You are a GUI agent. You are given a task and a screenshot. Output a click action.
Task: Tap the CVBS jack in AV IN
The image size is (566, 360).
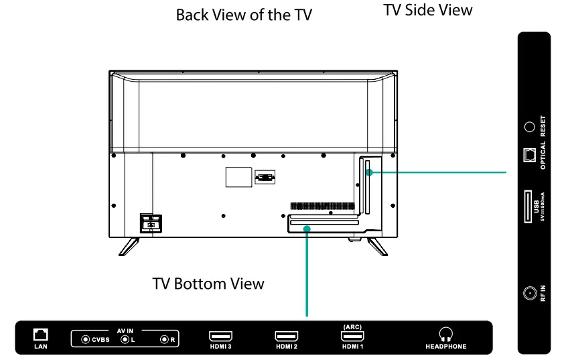click(85, 340)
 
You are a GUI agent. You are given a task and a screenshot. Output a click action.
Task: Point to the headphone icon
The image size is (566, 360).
click(445, 333)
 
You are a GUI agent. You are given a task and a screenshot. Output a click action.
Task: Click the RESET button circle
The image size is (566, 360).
click(529, 125)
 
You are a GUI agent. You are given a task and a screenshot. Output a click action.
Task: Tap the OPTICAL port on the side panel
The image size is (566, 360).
click(529, 155)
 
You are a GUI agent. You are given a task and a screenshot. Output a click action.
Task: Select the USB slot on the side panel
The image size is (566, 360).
click(528, 206)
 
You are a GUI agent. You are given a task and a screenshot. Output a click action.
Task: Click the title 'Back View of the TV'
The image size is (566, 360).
click(244, 15)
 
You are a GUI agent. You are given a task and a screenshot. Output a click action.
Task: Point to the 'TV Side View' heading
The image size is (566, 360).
click(428, 10)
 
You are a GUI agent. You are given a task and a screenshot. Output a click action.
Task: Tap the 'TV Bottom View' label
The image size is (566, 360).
click(208, 284)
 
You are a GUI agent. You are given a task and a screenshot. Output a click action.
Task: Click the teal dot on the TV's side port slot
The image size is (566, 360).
click(368, 173)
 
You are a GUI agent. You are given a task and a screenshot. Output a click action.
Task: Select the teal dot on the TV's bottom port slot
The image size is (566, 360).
click(307, 229)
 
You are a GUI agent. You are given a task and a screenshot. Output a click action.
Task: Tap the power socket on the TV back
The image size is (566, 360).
click(150, 223)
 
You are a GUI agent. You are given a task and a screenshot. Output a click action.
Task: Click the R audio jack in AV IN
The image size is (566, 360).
click(163, 340)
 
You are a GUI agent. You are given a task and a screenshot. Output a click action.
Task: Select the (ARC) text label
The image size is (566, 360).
click(352, 326)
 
